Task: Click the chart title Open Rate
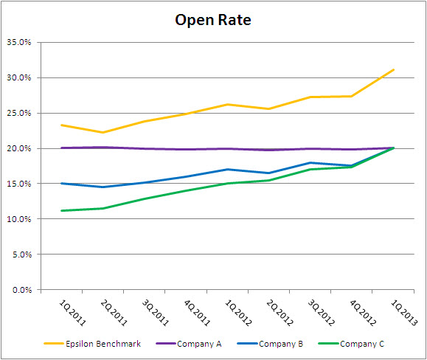click(213, 20)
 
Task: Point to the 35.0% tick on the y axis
click(19, 43)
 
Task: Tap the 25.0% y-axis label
click(19, 114)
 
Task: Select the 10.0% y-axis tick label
click(19, 220)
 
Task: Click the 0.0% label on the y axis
click(21, 291)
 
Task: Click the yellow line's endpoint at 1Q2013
click(395, 69)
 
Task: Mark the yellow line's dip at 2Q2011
click(103, 133)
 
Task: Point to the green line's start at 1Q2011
click(61, 211)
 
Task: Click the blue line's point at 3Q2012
click(311, 163)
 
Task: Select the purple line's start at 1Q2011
click(61, 148)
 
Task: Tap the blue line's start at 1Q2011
click(61, 184)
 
